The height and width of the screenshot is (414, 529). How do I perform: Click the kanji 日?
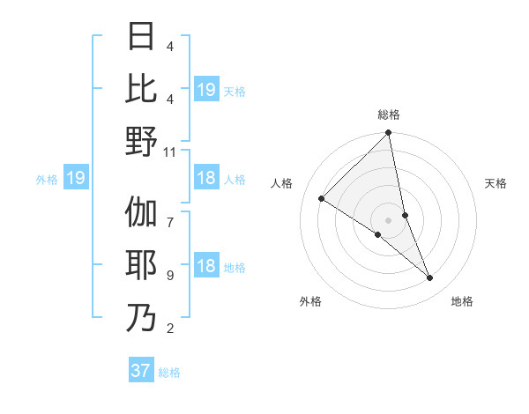pos(141,37)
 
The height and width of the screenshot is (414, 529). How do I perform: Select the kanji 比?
pos(141,89)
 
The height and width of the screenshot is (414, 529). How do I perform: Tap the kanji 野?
pos(141,141)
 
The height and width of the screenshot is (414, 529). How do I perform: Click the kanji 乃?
pos(141,317)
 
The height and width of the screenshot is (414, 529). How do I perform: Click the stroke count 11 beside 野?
pos(170,152)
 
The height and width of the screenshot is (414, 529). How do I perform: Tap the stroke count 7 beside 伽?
pos(169,214)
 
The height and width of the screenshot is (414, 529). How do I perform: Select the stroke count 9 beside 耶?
pos(169,276)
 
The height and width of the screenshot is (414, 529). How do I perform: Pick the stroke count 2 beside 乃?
pos(169,329)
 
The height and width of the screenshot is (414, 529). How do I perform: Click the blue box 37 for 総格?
pos(141,371)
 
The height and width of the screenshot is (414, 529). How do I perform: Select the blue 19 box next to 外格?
pos(75,179)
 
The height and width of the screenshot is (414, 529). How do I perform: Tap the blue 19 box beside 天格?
pos(206,89)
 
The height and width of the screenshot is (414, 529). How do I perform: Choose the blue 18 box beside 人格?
pos(206,179)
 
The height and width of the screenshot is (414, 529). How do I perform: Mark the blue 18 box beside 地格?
pos(206,267)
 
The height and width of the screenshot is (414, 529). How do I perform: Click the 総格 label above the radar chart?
pos(389,115)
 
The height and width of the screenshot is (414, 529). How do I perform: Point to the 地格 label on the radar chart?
pos(462,301)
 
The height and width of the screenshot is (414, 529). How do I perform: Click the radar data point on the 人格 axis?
pos(322,199)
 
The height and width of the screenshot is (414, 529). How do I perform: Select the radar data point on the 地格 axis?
pos(430,277)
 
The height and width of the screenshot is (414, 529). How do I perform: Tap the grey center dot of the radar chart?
pos(389,219)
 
